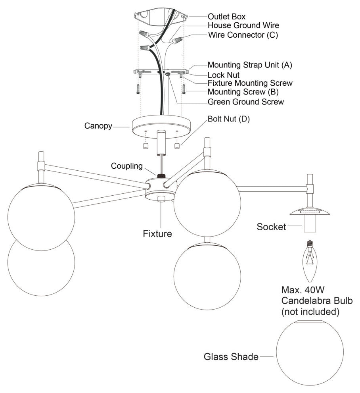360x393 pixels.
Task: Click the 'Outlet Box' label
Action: (x=227, y=17)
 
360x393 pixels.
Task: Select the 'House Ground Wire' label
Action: (x=243, y=25)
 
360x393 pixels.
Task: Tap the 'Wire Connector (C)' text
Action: (x=243, y=35)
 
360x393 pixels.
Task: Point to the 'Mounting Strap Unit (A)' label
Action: (x=250, y=65)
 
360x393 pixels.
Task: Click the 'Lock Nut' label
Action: (x=224, y=74)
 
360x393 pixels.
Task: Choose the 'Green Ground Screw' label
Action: (x=246, y=102)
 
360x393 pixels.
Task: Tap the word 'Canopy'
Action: (x=97, y=126)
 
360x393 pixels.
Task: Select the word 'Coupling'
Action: (x=127, y=166)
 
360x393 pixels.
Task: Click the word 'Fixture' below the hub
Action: (x=157, y=233)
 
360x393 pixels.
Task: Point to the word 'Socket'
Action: (x=271, y=227)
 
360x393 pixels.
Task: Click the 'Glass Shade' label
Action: (x=231, y=356)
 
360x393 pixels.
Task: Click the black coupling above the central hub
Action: (x=161, y=175)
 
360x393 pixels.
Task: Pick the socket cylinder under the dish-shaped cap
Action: (x=310, y=224)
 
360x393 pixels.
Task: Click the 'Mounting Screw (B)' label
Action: (x=244, y=92)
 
